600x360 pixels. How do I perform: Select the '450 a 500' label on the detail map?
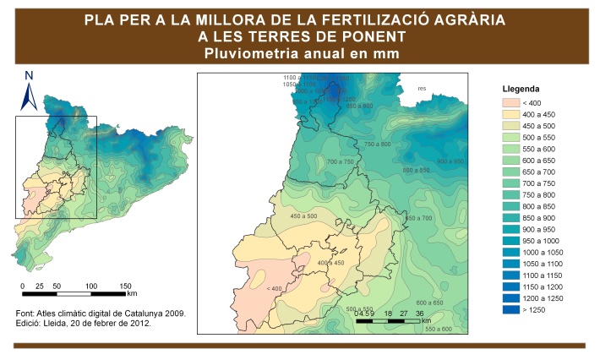coord(303,216)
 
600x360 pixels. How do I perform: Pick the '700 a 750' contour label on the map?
coord(340,161)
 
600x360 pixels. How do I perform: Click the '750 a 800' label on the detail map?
coord(378,145)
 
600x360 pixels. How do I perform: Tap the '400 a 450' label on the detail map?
coord(330,263)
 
